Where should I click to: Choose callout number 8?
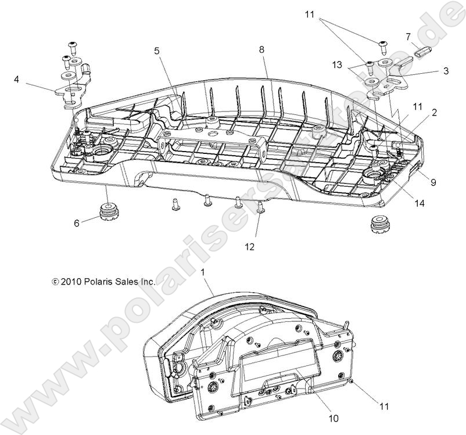(x=261, y=50)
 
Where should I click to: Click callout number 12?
(x=249, y=246)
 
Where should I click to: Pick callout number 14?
(x=420, y=203)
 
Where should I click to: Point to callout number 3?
(x=445, y=71)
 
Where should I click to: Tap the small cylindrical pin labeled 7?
(x=422, y=50)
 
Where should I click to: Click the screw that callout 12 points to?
(x=260, y=206)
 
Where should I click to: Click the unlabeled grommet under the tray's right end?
(x=379, y=224)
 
